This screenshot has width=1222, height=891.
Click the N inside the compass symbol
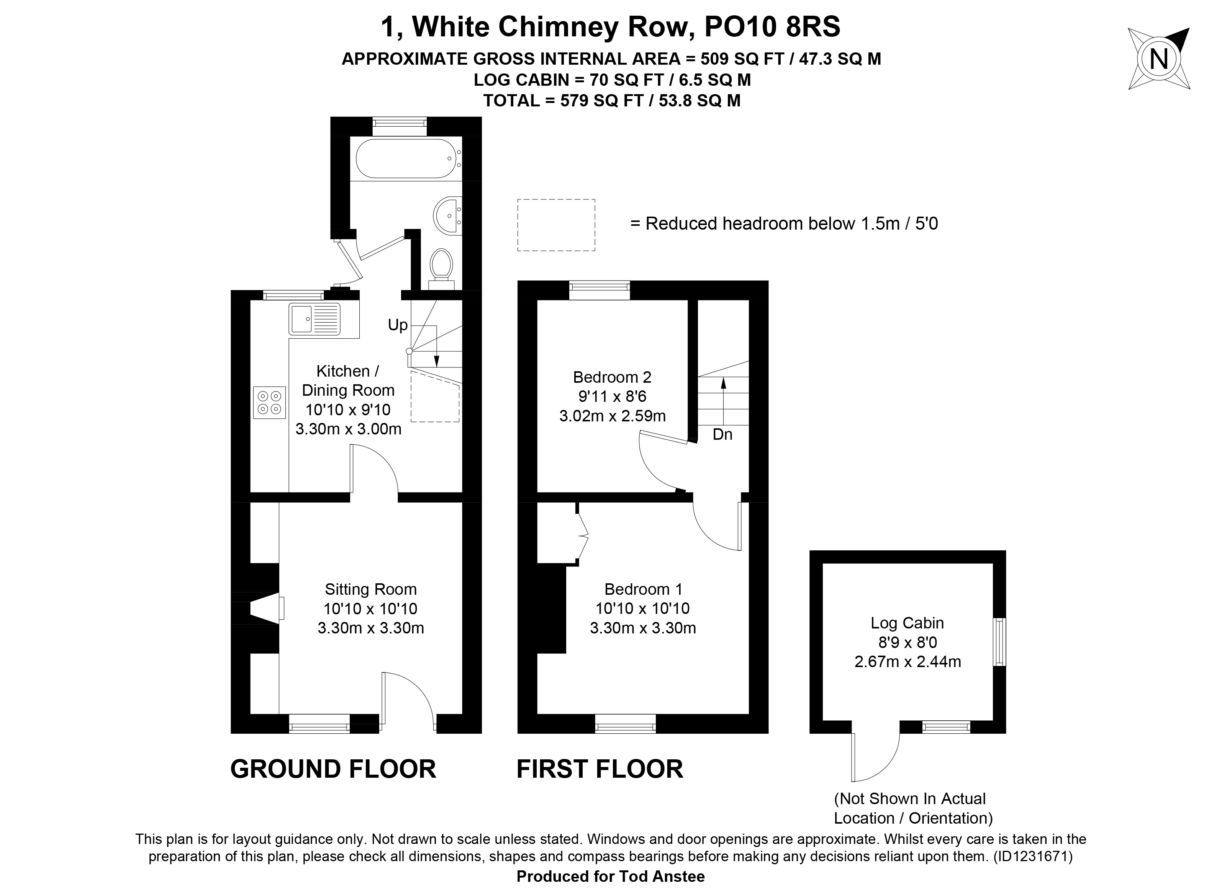[1158, 59]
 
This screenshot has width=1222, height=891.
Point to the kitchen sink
[315, 319]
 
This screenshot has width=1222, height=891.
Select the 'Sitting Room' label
[370, 589]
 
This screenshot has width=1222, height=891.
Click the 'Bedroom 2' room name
[612, 377]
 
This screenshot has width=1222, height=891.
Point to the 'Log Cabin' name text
[907, 623]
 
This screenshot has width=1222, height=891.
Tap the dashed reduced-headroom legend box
[556, 225]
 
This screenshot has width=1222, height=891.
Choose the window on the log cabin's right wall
[999, 642]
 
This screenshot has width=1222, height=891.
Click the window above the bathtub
[400, 127]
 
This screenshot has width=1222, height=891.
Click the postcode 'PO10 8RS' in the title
[773, 27]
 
